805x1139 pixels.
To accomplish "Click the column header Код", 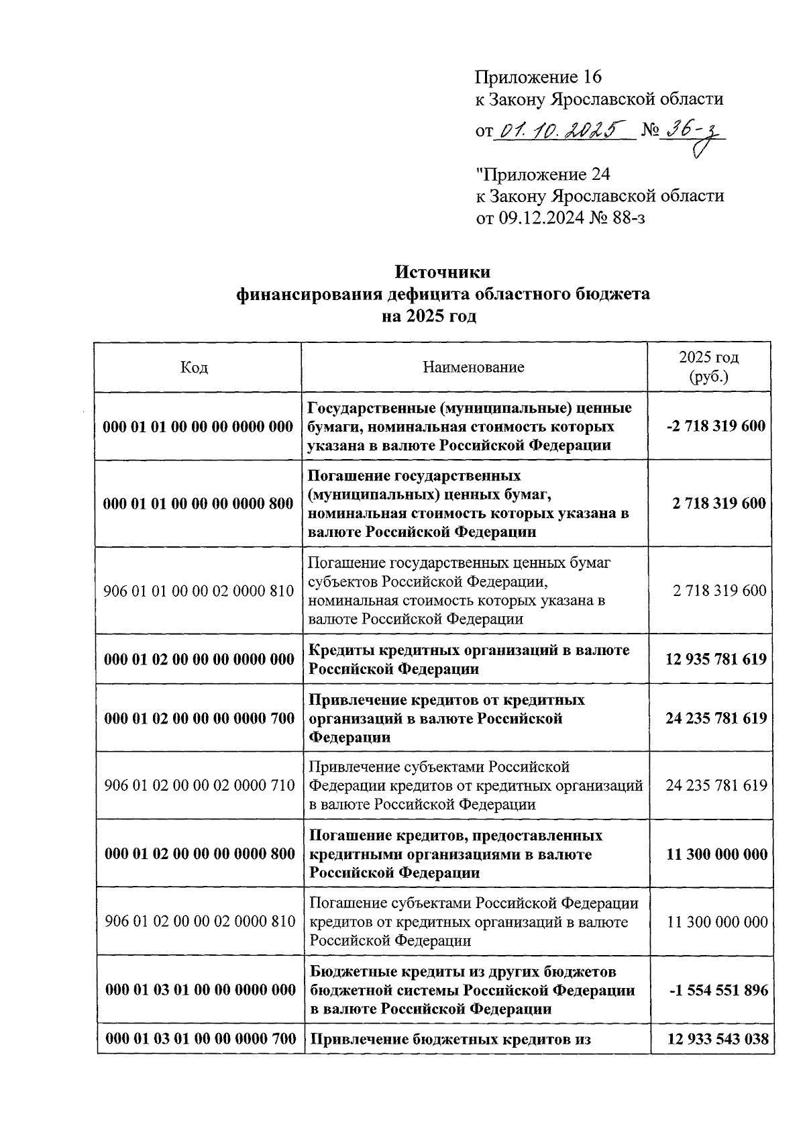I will tap(195, 368).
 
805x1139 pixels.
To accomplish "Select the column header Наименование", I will tap(474, 367).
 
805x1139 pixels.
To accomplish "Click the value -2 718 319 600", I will tap(716, 426).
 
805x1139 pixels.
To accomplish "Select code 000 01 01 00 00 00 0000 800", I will tap(199, 504).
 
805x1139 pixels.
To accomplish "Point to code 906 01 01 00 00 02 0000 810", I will tap(199, 591).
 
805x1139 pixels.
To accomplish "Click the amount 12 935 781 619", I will tap(716, 659).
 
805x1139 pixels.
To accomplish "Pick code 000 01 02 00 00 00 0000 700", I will tap(199, 719).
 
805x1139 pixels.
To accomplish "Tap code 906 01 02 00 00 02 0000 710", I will tap(199, 785).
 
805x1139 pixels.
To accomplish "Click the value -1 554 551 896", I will tap(717, 991).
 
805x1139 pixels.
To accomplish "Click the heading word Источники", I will tap(442, 273).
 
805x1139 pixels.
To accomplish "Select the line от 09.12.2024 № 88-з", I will tap(560, 217).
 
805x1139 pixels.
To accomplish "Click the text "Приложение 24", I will tap(543, 175).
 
